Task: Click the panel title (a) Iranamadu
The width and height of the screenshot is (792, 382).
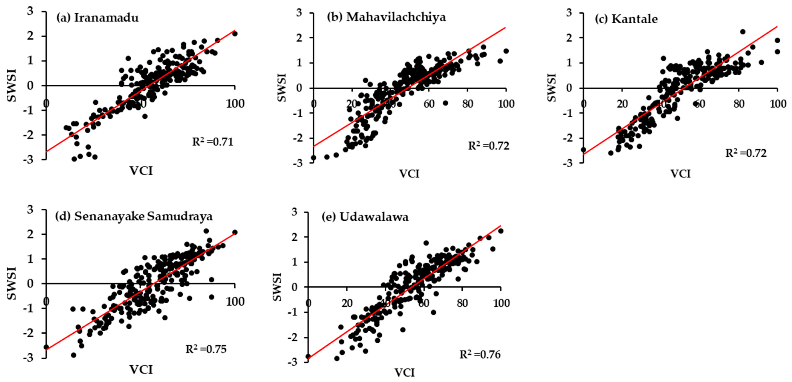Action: coord(97,18)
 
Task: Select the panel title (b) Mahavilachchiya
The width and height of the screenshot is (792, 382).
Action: coord(386,17)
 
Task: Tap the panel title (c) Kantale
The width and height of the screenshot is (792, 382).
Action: coord(626,19)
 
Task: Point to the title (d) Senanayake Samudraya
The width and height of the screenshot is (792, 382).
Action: coord(134,217)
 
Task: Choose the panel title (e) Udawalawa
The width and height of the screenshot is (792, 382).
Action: coord(365,217)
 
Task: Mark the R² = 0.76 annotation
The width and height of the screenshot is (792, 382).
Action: coord(480,355)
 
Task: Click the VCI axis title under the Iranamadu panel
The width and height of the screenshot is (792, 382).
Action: coord(141,171)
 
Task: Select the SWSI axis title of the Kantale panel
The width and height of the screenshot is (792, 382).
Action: coord(552,87)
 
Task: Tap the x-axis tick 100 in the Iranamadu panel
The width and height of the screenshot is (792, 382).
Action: coord(235,104)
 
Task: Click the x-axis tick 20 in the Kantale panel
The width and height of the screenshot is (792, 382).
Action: coord(622,104)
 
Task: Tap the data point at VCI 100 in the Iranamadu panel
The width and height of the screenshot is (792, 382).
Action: coord(235,34)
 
